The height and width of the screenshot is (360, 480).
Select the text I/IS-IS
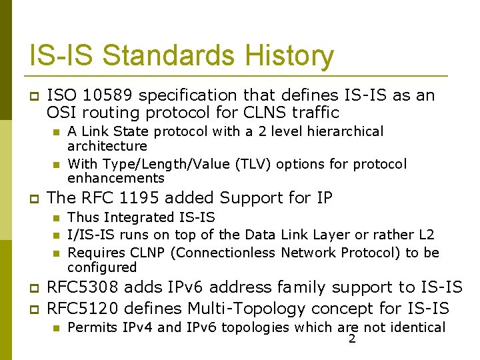[x=91, y=235]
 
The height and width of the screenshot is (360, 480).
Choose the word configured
[x=102, y=267]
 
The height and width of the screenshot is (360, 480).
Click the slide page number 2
[x=352, y=340]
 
